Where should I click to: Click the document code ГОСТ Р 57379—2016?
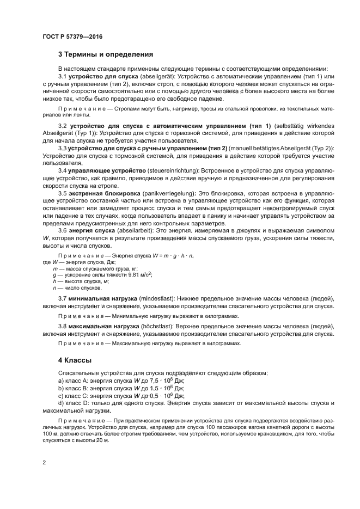tap(72, 37)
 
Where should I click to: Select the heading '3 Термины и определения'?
tap(105, 54)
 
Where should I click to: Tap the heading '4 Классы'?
tap(76, 360)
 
